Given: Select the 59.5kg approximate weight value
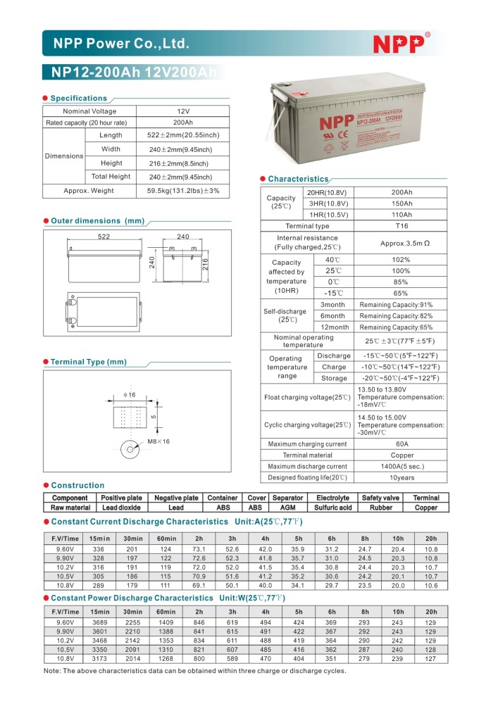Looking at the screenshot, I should [x=183, y=191].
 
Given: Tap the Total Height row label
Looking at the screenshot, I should [x=111, y=177].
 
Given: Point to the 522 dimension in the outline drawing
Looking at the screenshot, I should [x=104, y=237].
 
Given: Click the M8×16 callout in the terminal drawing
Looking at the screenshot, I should [x=158, y=441].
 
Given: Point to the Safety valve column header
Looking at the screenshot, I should [x=380, y=498].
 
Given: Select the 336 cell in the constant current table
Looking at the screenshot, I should [x=98, y=549].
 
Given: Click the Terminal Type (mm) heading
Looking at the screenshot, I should [x=88, y=362].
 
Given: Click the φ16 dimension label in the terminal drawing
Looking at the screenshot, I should [x=129, y=395].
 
